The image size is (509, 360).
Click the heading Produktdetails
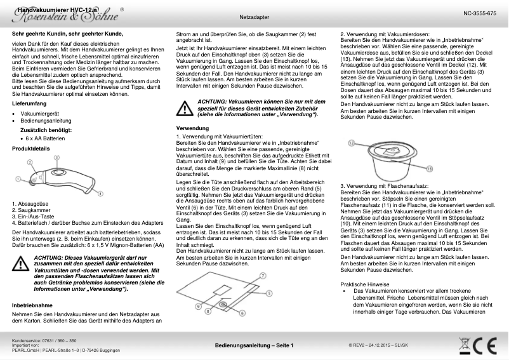click(x=32, y=148)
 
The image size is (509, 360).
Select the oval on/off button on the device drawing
click(x=60, y=171)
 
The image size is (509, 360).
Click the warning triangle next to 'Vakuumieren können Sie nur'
click(x=185, y=109)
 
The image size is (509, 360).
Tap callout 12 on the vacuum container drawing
click(x=351, y=144)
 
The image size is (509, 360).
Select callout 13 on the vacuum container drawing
click(x=429, y=169)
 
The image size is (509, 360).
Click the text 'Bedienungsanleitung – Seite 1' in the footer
click(x=254, y=345)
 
